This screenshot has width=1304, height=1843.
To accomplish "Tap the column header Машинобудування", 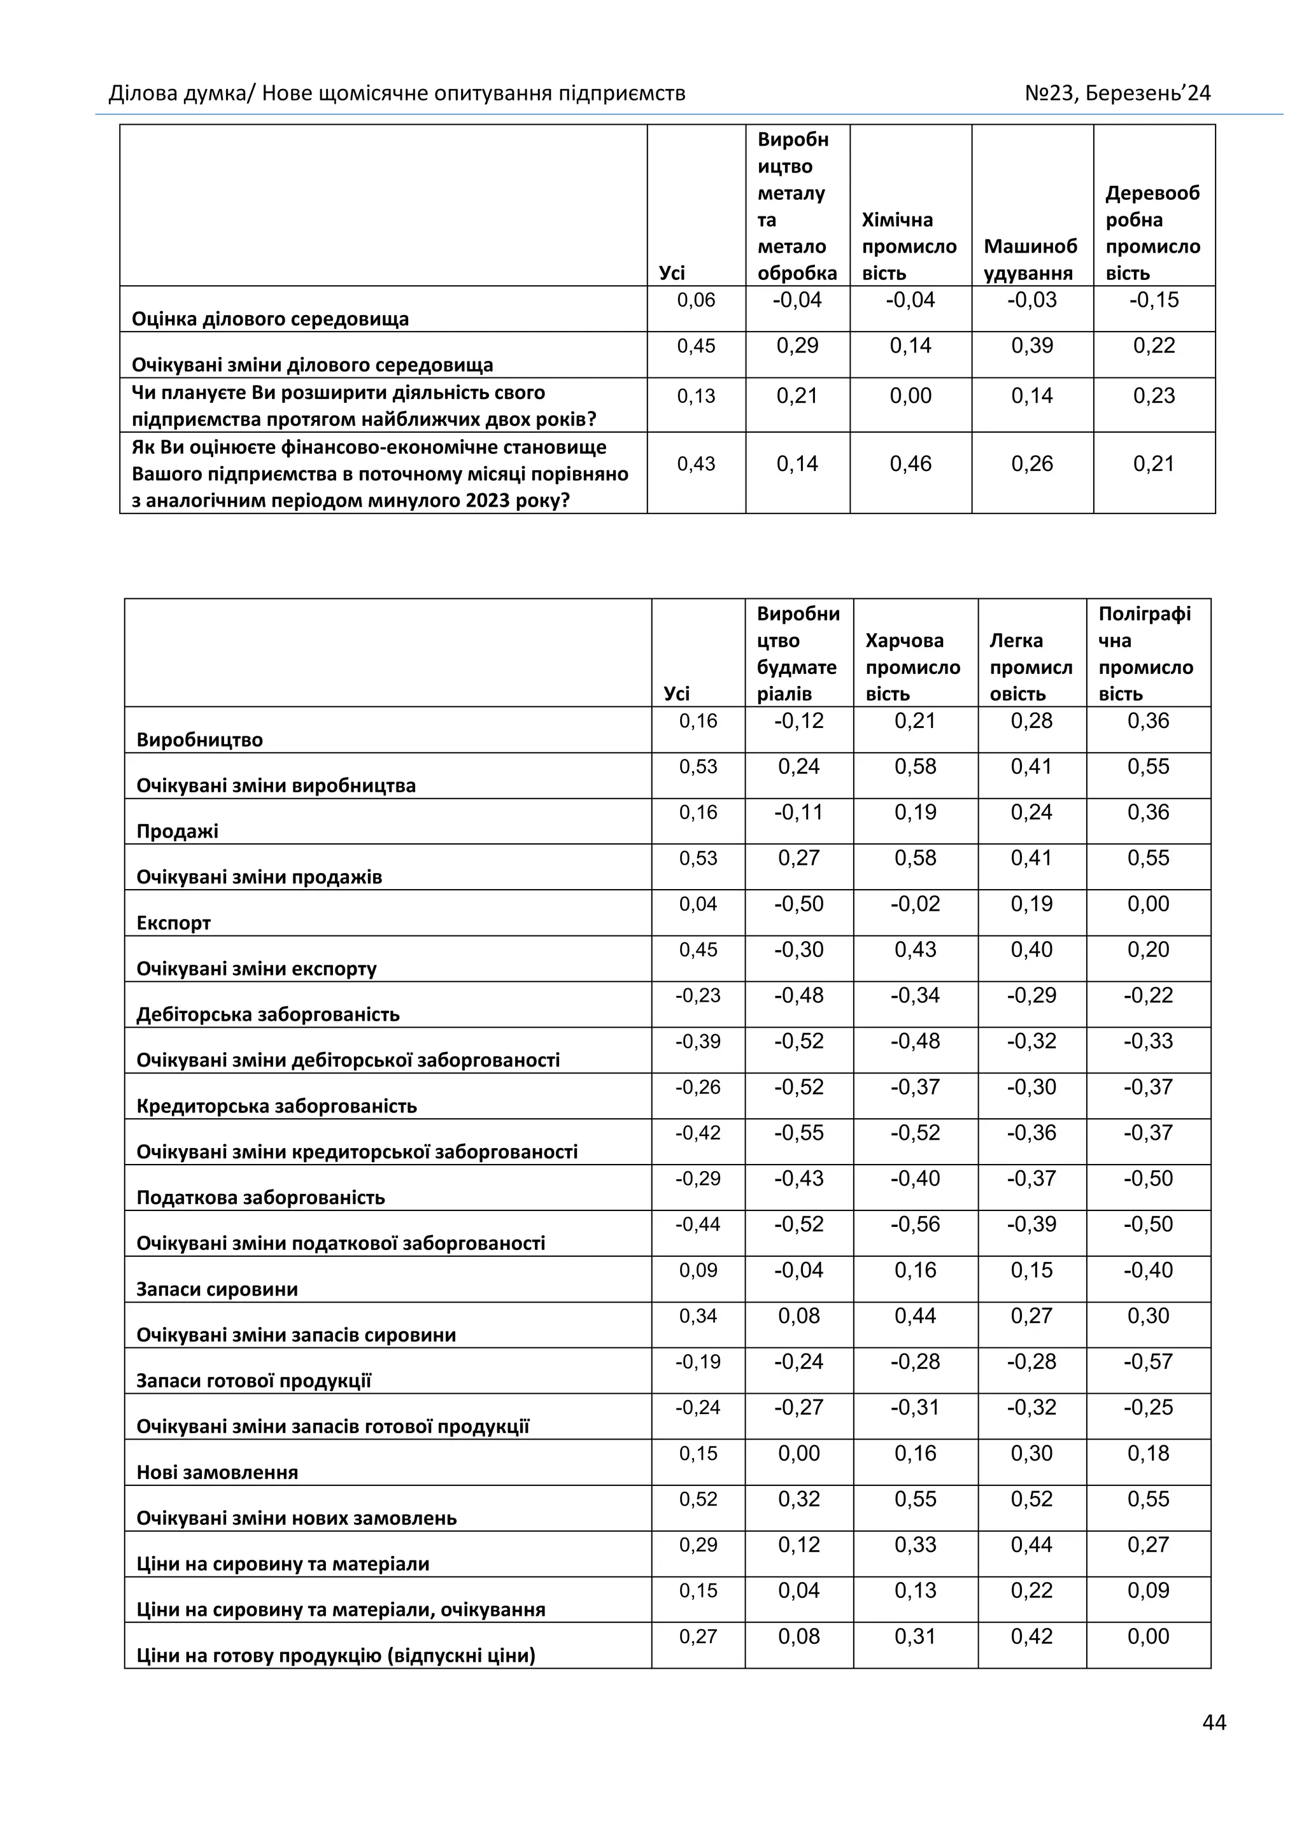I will (1030, 259).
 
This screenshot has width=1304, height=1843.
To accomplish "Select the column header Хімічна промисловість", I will (909, 246).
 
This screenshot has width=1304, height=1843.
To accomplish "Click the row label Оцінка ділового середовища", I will (270, 319).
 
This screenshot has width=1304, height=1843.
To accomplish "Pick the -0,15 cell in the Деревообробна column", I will (1154, 300).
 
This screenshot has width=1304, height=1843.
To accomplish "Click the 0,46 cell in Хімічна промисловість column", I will (911, 464).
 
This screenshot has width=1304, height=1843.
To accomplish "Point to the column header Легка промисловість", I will (1030, 666).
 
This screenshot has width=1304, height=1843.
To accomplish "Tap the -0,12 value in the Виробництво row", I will (799, 721).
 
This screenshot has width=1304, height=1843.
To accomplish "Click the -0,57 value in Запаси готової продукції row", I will (1148, 1361).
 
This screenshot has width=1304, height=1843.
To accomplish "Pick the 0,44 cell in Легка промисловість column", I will (1031, 1545).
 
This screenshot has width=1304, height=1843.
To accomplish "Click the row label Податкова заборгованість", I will (260, 1198).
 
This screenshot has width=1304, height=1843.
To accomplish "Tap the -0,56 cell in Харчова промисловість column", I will (916, 1224).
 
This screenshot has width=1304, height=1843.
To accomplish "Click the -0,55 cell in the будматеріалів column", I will (799, 1133).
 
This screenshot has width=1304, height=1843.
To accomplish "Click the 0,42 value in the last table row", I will (1031, 1636).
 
